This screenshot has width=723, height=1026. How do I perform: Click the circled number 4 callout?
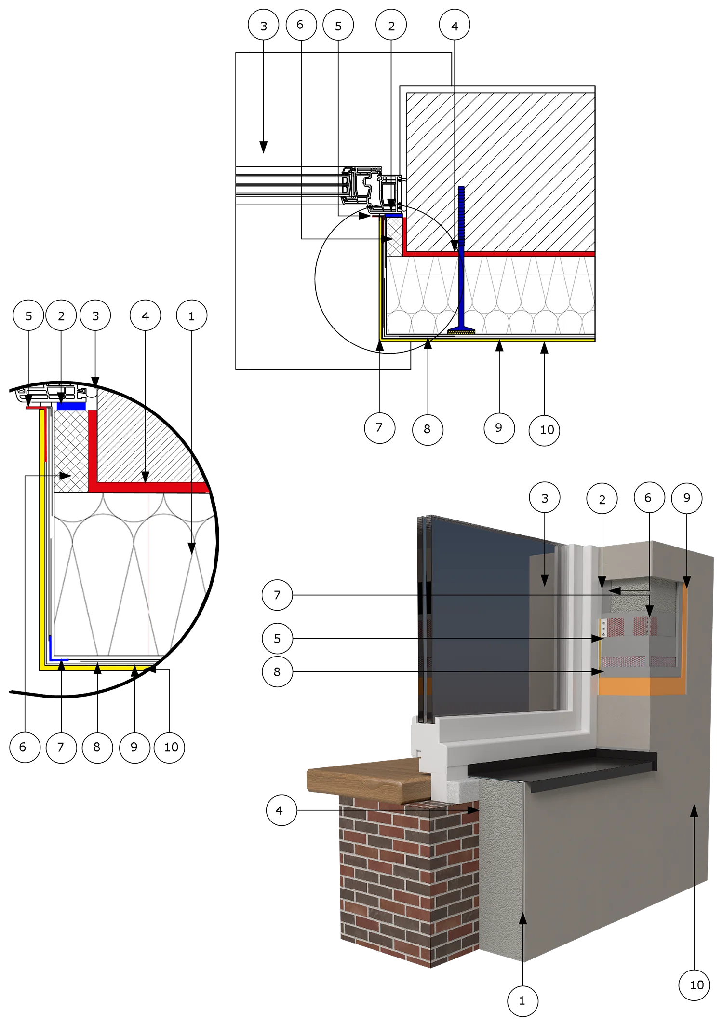click(280, 811)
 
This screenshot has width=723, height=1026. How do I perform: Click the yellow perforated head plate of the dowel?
click(461, 331)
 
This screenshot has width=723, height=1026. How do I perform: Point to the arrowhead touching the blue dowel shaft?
click(455, 246)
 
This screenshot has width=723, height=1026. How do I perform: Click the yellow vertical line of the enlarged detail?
click(42, 555)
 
